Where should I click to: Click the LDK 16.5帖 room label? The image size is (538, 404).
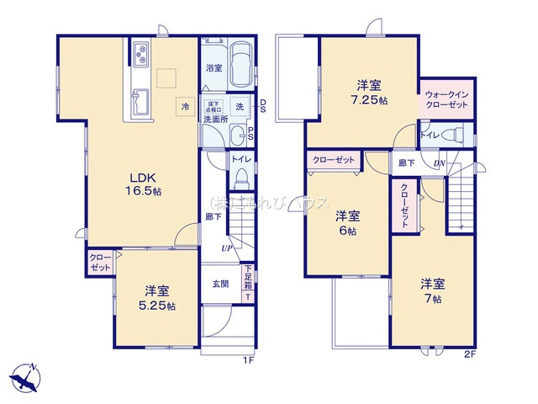point(145,184)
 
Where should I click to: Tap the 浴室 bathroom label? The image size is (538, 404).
point(214,68)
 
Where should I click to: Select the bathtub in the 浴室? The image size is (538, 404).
point(241,62)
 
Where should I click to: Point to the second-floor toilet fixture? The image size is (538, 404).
point(455,133)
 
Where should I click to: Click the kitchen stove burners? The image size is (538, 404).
point(140,57)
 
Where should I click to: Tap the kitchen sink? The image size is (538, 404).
point(140,102)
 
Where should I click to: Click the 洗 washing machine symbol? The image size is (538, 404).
point(240,106)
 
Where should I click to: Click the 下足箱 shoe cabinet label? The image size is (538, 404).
point(248,277)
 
